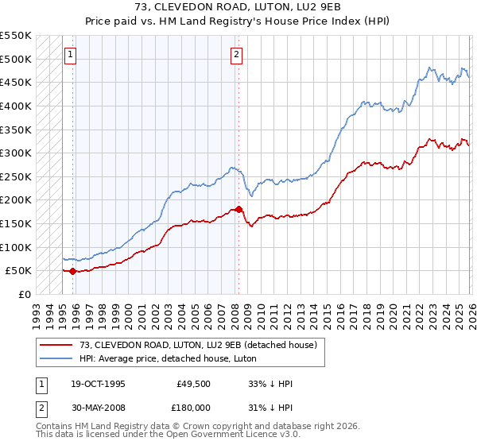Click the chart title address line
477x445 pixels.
tap(238, 7)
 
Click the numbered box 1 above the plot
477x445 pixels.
tap(71, 55)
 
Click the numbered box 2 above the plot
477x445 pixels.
tap(237, 55)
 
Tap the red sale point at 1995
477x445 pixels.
tap(72, 271)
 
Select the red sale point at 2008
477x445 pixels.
tap(238, 209)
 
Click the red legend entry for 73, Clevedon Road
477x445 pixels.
tap(198, 345)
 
